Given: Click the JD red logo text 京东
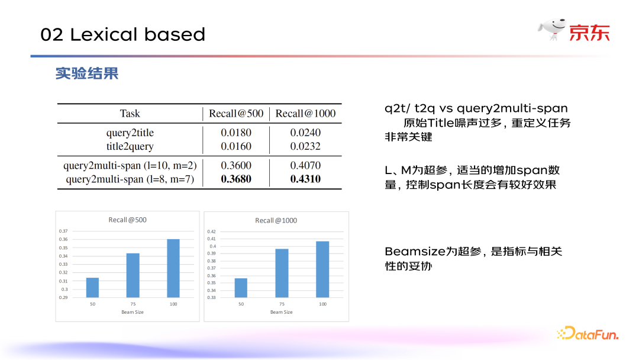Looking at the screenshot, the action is point(589,33).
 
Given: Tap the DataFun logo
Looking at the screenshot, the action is point(588,333).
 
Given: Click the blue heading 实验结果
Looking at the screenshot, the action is point(87,73).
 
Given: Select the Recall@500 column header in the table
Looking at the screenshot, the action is point(236,113).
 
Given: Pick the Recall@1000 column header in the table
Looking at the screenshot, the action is point(305,113).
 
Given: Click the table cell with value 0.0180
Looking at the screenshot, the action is point(236,133).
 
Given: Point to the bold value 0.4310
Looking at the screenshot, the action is point(305,179).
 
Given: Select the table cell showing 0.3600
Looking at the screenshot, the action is point(236,165).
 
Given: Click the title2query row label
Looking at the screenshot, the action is point(130,146).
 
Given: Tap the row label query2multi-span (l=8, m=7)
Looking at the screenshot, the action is point(130,179).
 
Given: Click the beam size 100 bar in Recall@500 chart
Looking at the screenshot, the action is point(173,268).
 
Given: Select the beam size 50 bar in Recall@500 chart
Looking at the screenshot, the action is point(92,288).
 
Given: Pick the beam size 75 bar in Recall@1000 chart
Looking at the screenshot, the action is point(282,273).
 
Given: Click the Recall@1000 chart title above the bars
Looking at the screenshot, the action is point(276,221).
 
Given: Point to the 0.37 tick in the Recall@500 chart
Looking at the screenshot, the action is point(63,231).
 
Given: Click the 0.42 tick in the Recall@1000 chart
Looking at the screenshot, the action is point(211,232).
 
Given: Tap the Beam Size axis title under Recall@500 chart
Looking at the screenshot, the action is point(133,312).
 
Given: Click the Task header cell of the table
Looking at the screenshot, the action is point(130,113).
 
